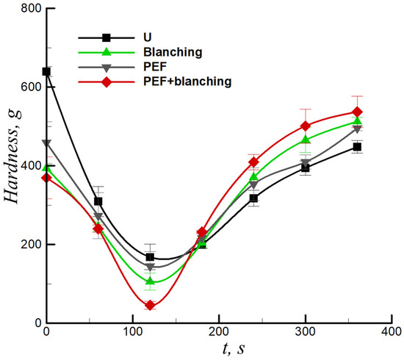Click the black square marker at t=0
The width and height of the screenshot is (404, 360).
point(46,71)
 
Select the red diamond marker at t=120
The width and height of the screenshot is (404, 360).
point(150,305)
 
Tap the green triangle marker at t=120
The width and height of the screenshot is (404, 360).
point(150,281)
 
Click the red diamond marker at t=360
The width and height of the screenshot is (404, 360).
point(358,112)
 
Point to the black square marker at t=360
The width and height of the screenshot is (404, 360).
point(357,147)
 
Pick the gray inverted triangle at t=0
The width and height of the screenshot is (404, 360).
point(46,143)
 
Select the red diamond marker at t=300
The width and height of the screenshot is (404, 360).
point(306,126)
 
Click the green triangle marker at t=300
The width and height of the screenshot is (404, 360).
point(306,140)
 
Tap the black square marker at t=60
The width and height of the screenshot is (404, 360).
point(98,201)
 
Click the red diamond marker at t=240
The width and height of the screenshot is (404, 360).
point(253,162)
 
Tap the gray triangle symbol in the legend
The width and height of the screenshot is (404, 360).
point(106,67)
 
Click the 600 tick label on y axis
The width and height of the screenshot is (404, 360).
point(29,87)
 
